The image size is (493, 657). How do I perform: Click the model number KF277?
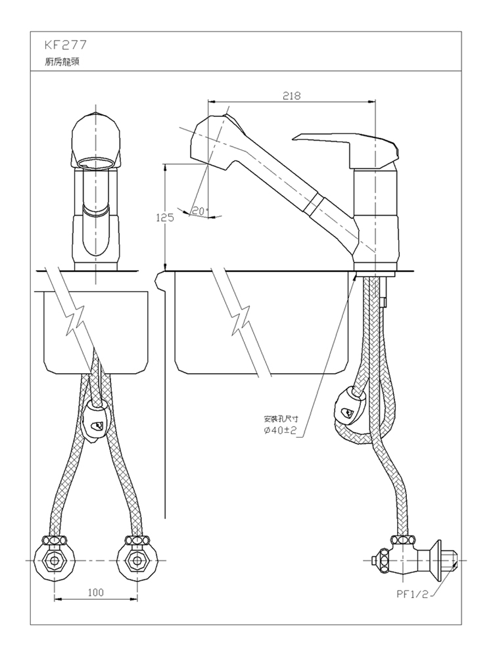(65, 45)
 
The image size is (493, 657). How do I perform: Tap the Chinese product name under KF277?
(62, 62)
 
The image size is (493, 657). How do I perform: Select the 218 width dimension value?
(291, 96)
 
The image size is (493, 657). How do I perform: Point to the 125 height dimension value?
(165, 218)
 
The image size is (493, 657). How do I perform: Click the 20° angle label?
(200, 211)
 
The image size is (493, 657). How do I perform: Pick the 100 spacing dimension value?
(95, 592)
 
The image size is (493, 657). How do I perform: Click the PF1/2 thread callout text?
(413, 594)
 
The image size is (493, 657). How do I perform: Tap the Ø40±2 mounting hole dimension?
(280, 430)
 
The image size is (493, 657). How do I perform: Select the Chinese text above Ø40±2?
(281, 419)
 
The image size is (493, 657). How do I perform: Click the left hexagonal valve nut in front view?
(55, 560)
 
